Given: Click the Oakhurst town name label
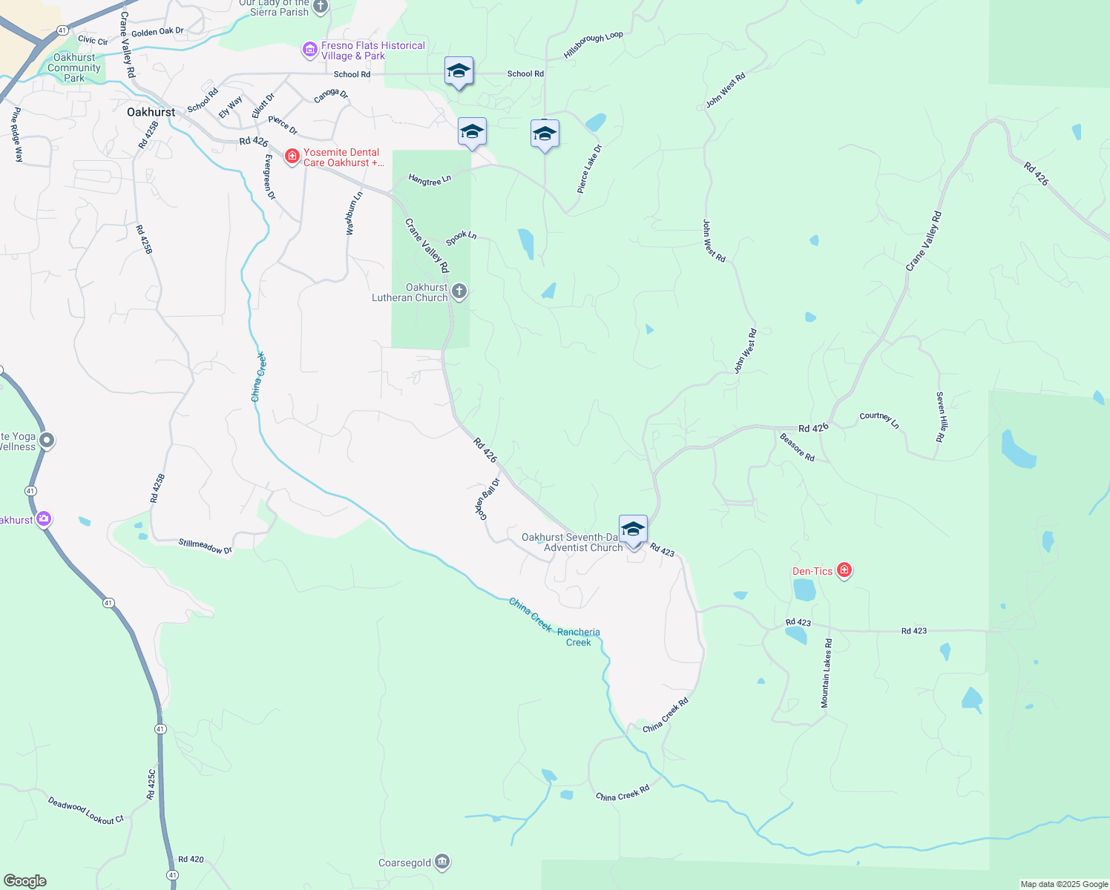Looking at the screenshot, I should point(151,112).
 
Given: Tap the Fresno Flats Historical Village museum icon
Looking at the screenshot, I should point(309,50).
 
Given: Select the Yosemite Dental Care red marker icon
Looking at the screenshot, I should point(292,156).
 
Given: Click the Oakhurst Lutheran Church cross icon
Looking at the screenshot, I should point(459,291).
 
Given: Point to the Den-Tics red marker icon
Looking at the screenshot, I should point(844,570).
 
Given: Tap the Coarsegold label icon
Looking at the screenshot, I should point(442,862).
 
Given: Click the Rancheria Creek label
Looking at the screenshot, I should point(579,637).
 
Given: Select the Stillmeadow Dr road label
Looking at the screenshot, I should point(205,546).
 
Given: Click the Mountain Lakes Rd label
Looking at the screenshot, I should point(827,673).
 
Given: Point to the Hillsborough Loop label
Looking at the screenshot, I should point(594,45).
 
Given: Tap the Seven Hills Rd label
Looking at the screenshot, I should point(940,417).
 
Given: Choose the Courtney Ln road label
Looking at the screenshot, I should point(879,420).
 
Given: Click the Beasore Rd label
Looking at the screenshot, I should point(797,447).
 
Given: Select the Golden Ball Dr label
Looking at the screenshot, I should point(487,498).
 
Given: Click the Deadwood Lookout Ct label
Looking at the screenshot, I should point(86,811).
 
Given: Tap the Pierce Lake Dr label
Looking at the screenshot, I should point(590,169).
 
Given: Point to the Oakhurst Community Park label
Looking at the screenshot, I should point(74,67).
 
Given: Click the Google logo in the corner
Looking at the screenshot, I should point(25,880).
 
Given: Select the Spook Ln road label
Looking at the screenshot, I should point(461,237).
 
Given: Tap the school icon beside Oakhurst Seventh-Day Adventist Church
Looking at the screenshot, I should point(633,530).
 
